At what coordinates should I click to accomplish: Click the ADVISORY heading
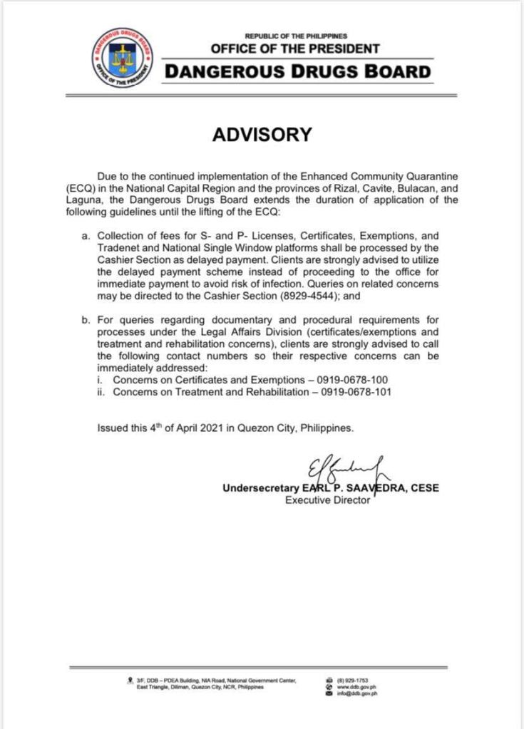tap(262, 135)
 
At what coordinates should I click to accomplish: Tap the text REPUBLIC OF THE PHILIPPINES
tap(296, 36)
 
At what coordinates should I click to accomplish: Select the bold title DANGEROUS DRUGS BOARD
tap(298, 72)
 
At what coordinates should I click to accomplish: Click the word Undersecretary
tap(255, 488)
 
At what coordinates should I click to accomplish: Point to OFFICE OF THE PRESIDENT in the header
tap(295, 49)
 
